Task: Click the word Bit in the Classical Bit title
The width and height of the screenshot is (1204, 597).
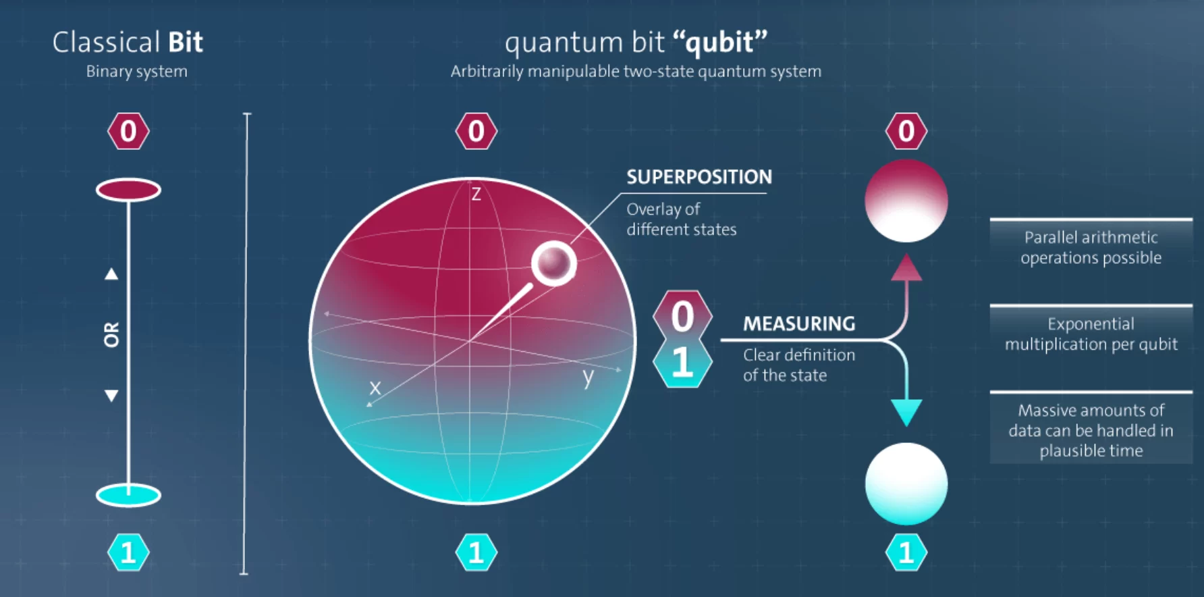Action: tap(185, 43)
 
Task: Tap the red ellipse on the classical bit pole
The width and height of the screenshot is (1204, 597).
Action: tap(128, 190)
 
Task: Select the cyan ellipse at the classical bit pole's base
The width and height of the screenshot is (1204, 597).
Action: tap(128, 496)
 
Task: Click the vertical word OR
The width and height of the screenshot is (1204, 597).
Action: tap(111, 334)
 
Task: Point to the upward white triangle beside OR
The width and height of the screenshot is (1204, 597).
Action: tap(111, 274)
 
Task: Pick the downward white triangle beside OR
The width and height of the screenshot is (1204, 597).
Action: tap(111, 396)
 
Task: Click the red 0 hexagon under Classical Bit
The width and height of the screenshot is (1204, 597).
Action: tap(128, 131)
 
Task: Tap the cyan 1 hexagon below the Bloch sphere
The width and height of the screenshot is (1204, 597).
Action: tap(476, 552)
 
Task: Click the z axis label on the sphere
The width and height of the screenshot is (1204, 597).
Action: tap(476, 194)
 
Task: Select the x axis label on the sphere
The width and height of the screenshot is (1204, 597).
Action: tap(375, 388)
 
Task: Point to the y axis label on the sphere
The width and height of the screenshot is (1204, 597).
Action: tap(589, 377)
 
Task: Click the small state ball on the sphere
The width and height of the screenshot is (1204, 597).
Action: tap(553, 263)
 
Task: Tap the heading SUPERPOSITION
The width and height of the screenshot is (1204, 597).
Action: tap(699, 177)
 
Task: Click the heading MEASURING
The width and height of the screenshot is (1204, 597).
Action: tap(799, 324)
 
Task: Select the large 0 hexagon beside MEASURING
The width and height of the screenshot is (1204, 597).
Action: tap(682, 316)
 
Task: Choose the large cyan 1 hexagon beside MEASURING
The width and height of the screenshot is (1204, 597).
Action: tap(682, 363)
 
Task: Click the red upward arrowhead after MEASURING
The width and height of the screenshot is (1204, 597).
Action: tap(906, 267)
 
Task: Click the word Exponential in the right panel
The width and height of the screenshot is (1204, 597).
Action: tap(1091, 324)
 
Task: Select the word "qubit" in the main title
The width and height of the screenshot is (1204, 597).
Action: tap(720, 43)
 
